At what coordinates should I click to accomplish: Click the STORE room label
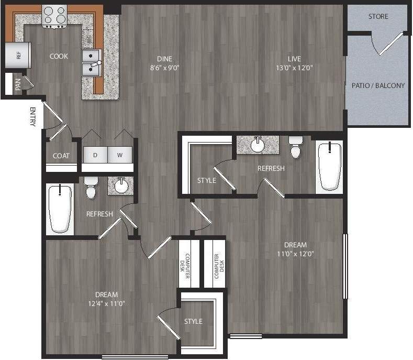378,16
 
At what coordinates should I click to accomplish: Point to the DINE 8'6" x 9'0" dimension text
164,68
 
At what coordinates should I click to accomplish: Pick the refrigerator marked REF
14,55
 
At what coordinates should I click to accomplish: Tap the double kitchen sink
92,62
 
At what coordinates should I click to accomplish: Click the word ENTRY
32,117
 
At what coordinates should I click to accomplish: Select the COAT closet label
62,156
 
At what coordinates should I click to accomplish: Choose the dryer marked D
95,156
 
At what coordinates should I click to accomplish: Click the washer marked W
120,156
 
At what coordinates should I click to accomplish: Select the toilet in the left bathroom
92,188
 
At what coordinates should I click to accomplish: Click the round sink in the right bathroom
257,144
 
